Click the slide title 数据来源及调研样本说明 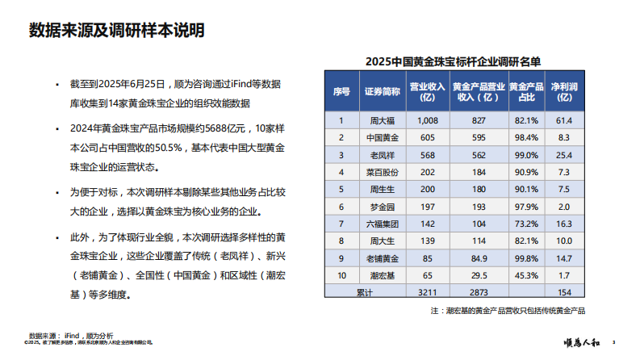[115, 31]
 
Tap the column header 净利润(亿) [565, 91]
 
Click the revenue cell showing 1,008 [428, 120]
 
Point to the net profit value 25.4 [564, 154]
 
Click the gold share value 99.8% [525, 258]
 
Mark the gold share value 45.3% [525, 275]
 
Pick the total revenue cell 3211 [428, 291]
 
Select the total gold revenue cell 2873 [479, 291]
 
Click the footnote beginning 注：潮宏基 [508, 310]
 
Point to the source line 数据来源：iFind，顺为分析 [72, 334]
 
